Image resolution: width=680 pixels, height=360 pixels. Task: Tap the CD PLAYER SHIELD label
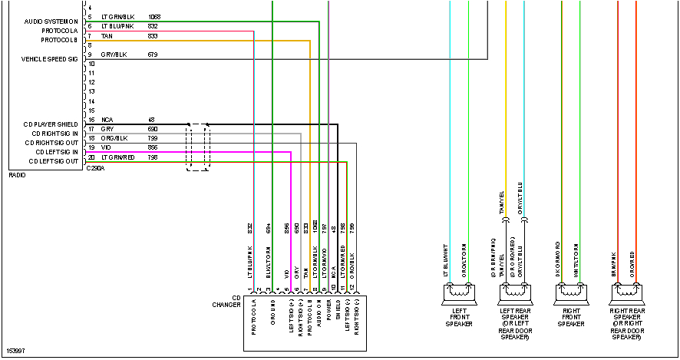(51, 124)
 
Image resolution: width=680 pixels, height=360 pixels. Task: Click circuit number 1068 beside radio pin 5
(154, 16)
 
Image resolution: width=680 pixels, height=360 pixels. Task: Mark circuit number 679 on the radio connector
(152, 55)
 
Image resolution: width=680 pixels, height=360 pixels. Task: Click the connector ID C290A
(94, 168)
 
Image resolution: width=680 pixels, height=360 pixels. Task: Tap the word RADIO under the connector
(17, 176)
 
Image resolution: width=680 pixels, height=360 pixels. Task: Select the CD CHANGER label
(226, 302)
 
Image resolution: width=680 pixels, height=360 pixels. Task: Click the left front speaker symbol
(459, 292)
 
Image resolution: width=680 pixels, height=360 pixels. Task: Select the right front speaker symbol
(570, 292)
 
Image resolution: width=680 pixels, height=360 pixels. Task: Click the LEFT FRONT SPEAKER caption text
(459, 319)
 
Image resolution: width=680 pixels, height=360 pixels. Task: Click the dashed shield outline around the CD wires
(199, 146)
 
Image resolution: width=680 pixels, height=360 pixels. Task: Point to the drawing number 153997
(15, 351)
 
